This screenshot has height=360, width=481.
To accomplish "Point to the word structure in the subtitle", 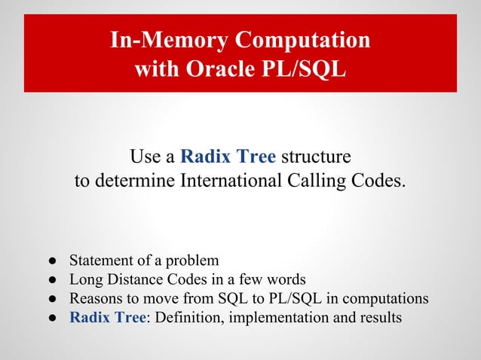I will (x=316, y=157).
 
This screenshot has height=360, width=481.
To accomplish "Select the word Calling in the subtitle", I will (x=334, y=182).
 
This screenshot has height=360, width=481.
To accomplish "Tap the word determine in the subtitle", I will (x=133, y=182).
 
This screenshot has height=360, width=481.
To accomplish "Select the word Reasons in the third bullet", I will (x=95, y=298).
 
